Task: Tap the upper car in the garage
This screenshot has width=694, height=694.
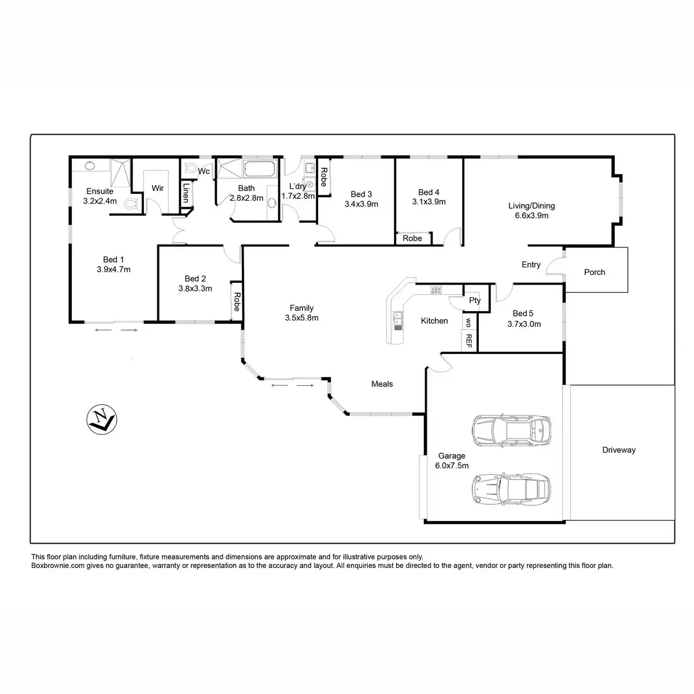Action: [x=511, y=430]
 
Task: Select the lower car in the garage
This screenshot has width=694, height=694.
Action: [x=511, y=489]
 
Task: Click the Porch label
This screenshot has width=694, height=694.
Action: [x=595, y=272]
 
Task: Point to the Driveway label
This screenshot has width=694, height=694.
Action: [x=618, y=449]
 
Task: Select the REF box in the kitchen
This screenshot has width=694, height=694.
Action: [x=468, y=341]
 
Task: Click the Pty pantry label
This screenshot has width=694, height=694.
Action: [x=475, y=300]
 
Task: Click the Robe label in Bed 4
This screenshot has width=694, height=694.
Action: [x=412, y=238]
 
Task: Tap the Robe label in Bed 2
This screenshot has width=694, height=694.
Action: [x=237, y=301]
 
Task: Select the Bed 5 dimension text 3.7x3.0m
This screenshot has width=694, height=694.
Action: [x=524, y=324]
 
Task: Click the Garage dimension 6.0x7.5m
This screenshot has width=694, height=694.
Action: [x=452, y=465]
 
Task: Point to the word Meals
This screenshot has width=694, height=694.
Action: [x=382, y=383]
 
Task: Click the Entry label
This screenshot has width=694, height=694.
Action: [x=531, y=264]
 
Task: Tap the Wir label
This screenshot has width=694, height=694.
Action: [x=157, y=188]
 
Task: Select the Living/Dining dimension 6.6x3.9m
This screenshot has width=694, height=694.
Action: [x=531, y=216]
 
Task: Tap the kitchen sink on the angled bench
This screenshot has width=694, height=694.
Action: [x=398, y=317]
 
